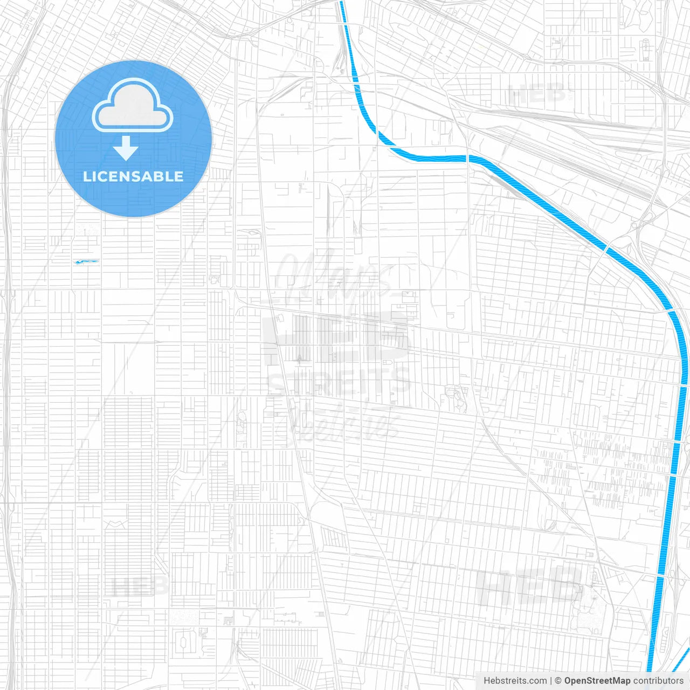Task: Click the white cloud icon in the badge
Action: pyautogui.click(x=133, y=106)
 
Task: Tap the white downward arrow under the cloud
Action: pyautogui.click(x=126, y=148)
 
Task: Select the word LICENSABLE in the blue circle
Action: pyautogui.click(x=133, y=176)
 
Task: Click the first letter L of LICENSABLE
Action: pyautogui.click(x=86, y=176)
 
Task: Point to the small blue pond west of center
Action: pyautogui.click(x=86, y=262)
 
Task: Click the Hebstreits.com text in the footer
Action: pyautogui.click(x=515, y=681)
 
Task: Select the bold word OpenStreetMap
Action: pyautogui.click(x=597, y=681)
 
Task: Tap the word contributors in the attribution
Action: pyautogui.click(x=658, y=681)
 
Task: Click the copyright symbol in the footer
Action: pyautogui.click(x=558, y=681)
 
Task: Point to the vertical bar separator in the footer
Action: pyautogui.click(x=550, y=681)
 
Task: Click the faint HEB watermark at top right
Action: pyautogui.click(x=536, y=94)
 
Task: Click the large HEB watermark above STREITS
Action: pyautogui.click(x=337, y=337)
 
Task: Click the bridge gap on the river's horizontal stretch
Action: pyautogui.click(x=467, y=158)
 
